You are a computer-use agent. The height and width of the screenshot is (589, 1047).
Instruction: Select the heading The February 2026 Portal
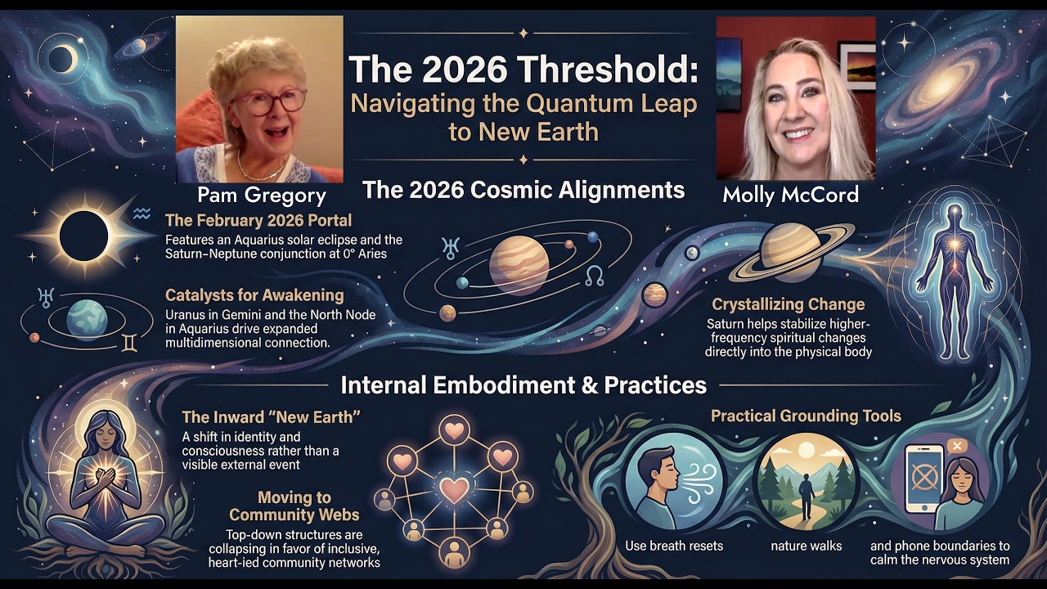click(258, 221)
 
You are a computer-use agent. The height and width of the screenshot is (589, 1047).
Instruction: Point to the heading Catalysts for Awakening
click(254, 295)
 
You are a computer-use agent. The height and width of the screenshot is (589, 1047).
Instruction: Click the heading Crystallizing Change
click(788, 304)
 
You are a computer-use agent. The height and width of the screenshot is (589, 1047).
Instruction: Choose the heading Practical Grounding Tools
click(806, 416)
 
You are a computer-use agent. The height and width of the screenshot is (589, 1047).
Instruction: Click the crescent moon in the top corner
click(63, 58)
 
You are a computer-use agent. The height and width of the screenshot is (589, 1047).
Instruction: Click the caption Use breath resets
click(673, 546)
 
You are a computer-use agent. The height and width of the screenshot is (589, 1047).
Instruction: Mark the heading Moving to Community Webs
click(294, 506)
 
